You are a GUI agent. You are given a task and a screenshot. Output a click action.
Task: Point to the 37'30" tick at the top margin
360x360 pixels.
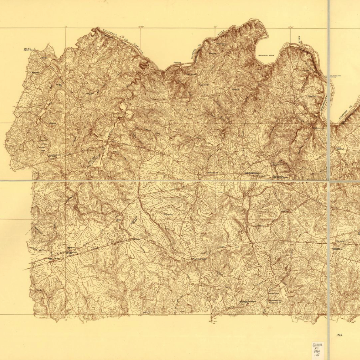(x=291, y=26)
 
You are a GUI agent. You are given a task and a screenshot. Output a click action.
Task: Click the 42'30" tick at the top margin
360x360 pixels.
(x=141, y=26)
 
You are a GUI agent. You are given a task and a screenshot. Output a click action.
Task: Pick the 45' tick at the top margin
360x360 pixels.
(x=66, y=26)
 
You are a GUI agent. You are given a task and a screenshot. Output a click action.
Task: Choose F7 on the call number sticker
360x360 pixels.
(x=317, y=348)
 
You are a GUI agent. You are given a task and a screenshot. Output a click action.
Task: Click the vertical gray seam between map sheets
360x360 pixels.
(x=329, y=230)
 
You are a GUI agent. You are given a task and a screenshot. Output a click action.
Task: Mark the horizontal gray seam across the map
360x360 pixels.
(x=173, y=181)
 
